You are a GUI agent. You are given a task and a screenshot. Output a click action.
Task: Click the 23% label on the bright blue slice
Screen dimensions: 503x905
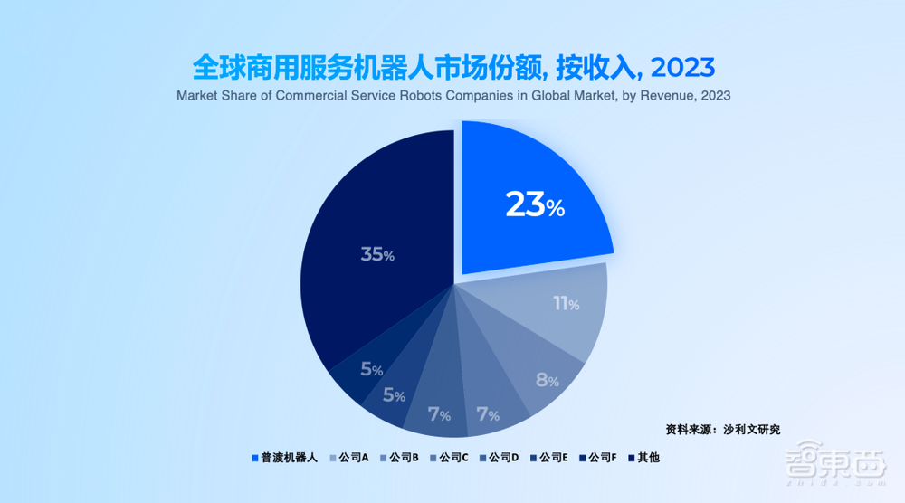pyautogui.click(x=535, y=204)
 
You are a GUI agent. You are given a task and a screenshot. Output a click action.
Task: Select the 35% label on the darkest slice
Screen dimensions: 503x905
pyautogui.click(x=376, y=254)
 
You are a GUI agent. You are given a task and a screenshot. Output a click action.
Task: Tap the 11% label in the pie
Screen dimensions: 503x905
pyautogui.click(x=567, y=304)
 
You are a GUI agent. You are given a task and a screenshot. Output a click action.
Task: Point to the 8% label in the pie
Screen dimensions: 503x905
pyautogui.click(x=547, y=380)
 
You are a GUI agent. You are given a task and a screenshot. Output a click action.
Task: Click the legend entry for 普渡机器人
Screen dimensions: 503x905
pyautogui.click(x=283, y=458)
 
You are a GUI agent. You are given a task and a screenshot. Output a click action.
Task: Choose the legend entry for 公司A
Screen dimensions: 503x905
pyautogui.click(x=352, y=458)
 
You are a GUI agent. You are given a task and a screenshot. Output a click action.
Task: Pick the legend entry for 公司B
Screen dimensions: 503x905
pyautogui.click(x=403, y=458)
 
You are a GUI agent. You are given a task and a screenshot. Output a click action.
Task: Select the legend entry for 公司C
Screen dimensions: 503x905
pyautogui.click(x=452, y=458)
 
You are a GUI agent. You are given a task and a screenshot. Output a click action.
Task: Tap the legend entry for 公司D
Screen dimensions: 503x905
pyautogui.click(x=502, y=458)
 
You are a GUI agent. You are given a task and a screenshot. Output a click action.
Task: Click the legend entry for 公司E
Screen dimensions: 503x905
pyautogui.click(x=552, y=458)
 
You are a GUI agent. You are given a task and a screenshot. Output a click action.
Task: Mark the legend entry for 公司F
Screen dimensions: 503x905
pyautogui.click(x=602, y=458)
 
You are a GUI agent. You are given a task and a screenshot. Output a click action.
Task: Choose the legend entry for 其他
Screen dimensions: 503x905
pyautogui.click(x=648, y=458)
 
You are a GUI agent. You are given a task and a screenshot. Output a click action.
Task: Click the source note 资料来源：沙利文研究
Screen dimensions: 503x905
pyautogui.click(x=722, y=428)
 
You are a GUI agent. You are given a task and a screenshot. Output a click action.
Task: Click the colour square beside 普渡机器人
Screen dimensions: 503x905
pyautogui.click(x=254, y=458)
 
